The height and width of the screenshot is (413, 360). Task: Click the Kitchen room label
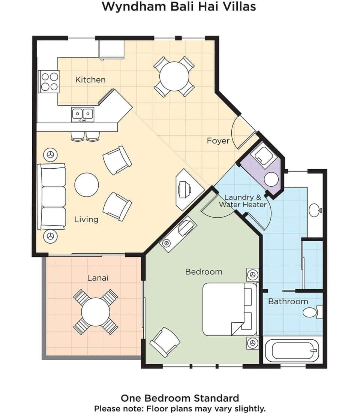90,80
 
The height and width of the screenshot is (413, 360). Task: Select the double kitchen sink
82,114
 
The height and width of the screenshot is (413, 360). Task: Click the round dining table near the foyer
174,77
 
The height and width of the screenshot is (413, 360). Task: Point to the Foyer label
218,141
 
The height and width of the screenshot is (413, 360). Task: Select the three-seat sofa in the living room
52,196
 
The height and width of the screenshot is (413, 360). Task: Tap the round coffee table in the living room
87,185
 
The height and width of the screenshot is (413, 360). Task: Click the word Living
86,220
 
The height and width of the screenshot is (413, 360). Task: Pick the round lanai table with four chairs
95,312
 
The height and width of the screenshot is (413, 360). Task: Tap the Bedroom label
204,272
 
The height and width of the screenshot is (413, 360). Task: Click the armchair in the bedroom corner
165,342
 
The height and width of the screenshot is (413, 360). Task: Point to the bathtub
292,351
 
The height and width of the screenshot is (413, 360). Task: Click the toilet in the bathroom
311,312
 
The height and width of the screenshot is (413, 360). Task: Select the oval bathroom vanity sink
315,210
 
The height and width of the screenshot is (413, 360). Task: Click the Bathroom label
288,301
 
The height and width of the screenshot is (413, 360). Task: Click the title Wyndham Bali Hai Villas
179,7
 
